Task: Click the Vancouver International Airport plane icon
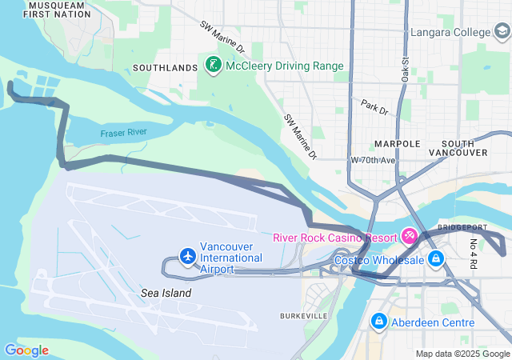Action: tap(187, 256)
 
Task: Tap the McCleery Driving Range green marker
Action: tap(214, 65)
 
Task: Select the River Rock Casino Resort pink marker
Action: tap(410, 236)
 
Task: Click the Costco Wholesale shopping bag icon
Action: tap(436, 259)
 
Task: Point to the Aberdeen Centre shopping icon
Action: tap(378, 322)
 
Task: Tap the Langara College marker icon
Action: tap(502, 33)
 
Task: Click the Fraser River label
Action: tap(123, 133)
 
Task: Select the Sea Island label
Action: tap(166, 294)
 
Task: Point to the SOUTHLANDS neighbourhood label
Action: tap(165, 67)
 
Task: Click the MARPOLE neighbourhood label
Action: tap(397, 144)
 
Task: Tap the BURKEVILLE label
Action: tap(303, 317)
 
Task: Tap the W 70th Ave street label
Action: tap(374, 160)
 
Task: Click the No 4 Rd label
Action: tap(474, 253)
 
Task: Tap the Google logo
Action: tap(26, 350)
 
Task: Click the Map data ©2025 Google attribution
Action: tap(462, 354)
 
